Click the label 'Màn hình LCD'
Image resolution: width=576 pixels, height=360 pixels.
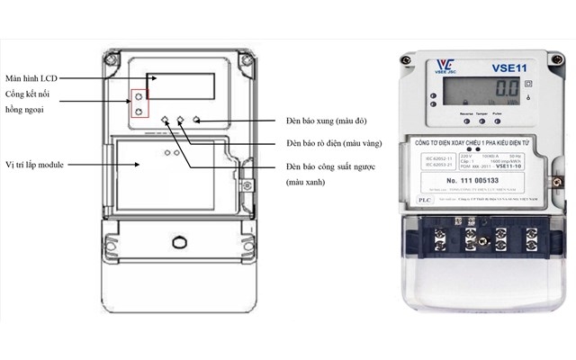(33, 77)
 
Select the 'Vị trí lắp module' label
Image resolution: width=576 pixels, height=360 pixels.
(40, 166)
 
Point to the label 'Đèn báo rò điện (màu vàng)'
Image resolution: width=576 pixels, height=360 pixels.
(333, 144)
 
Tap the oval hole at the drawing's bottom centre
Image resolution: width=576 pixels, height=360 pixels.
(176, 244)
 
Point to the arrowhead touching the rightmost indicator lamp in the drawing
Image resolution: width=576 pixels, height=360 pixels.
(195, 121)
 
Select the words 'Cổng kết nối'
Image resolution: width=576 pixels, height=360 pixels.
(25, 94)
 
